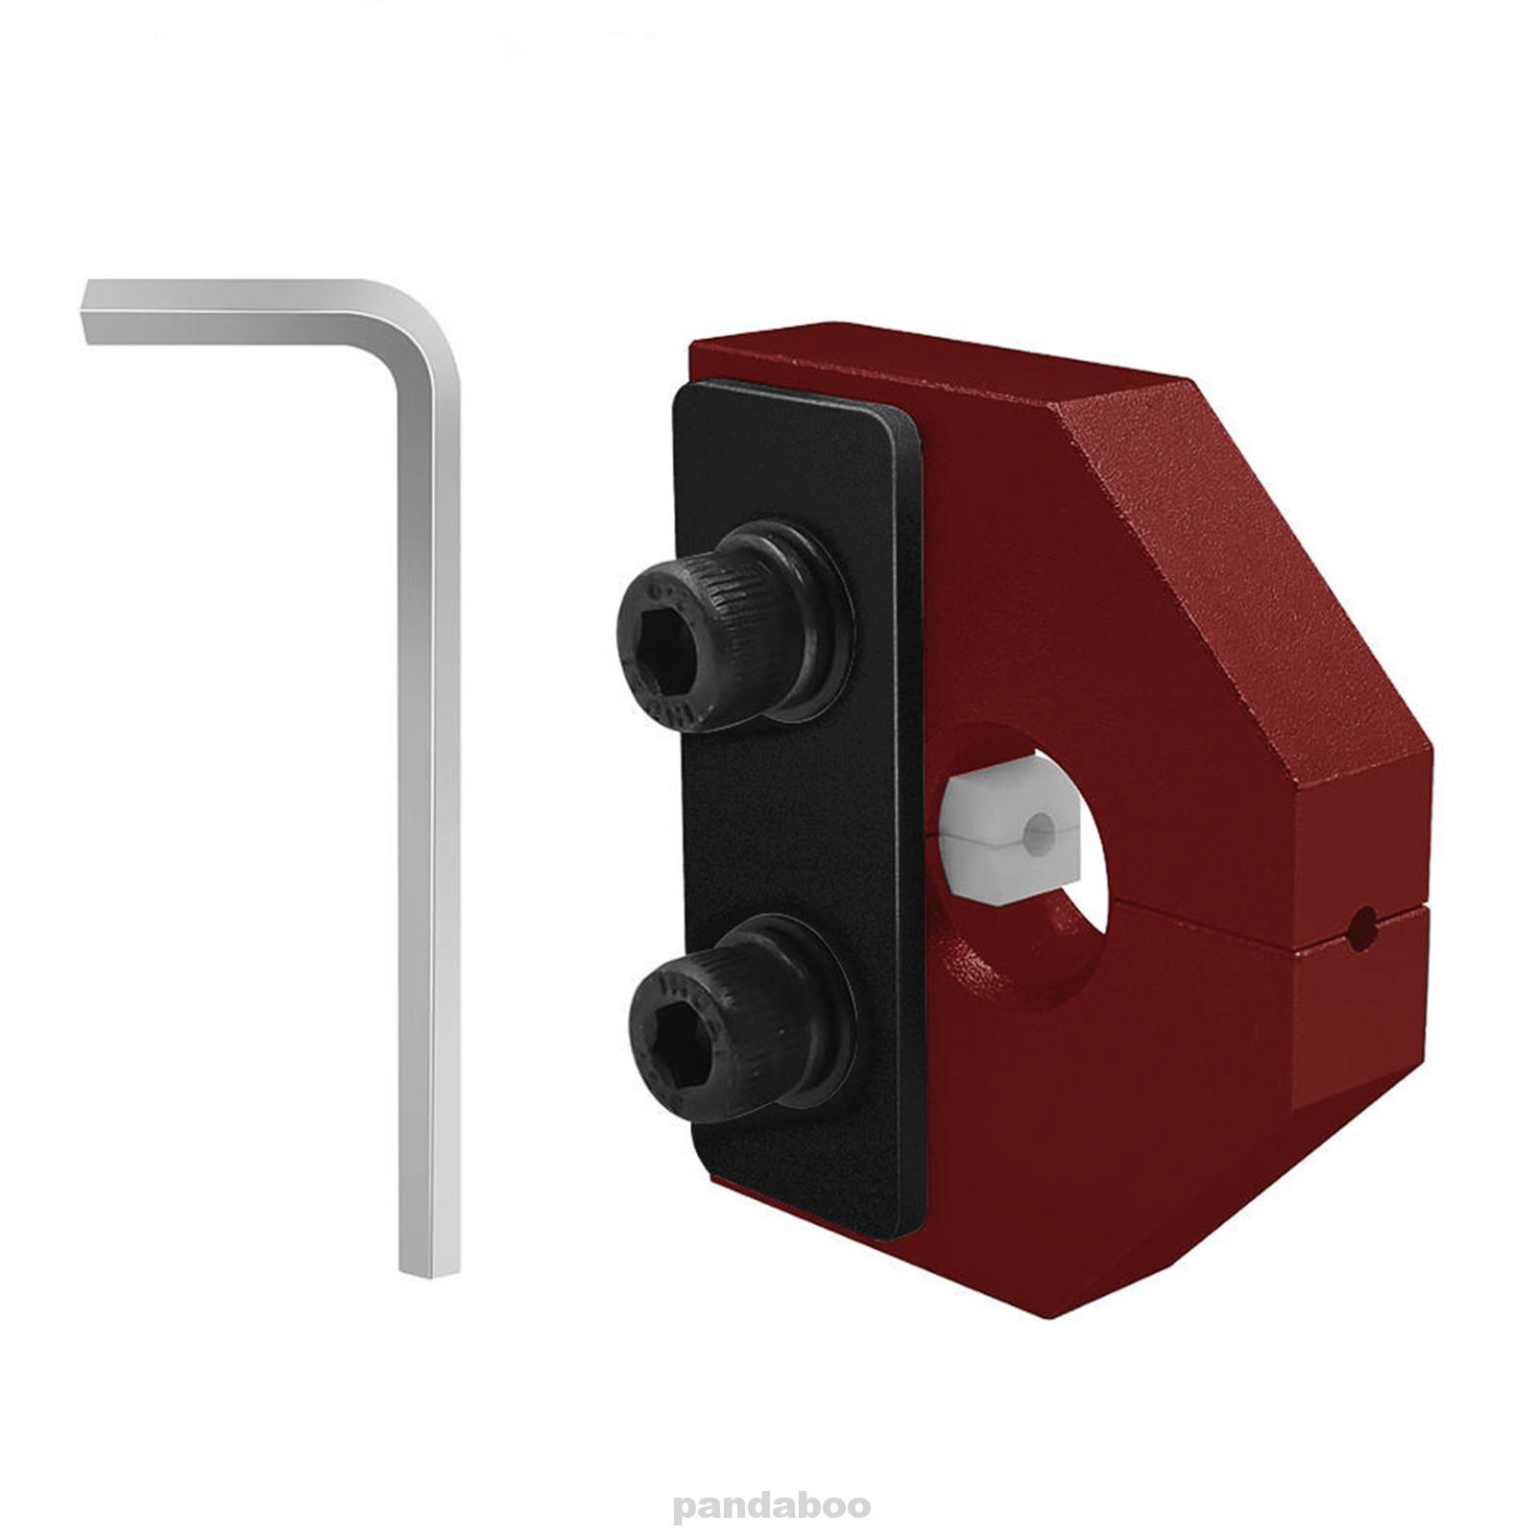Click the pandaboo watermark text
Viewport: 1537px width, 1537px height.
(x=771, y=1504)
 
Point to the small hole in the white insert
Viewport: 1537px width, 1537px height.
(x=1038, y=834)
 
